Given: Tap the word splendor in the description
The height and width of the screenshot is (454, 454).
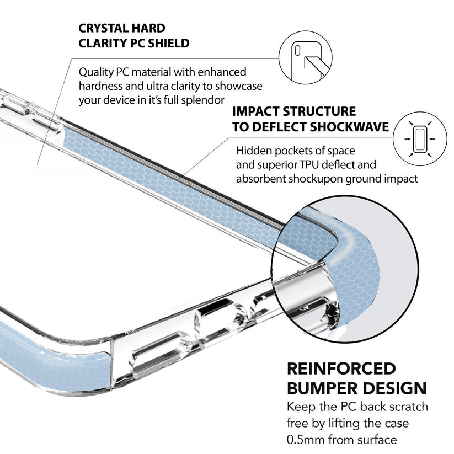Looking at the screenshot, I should pyautogui.click(x=203, y=100).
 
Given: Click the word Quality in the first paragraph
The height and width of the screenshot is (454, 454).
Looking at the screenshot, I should pyautogui.click(x=97, y=72).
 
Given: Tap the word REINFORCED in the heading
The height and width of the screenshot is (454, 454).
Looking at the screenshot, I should pyautogui.click(x=341, y=368).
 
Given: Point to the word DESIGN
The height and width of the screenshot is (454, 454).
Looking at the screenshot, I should pyautogui.click(x=398, y=388).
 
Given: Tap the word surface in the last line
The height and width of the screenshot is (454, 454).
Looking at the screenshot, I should pyautogui.click(x=375, y=440).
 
